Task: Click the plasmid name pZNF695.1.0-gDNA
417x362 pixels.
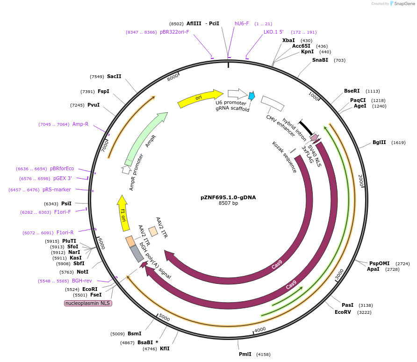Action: (228, 197)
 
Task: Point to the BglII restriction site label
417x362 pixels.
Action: (379, 143)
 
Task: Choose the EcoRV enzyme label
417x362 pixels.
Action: (343, 312)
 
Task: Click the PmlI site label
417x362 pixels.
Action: (245, 354)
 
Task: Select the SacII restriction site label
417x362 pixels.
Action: (114, 76)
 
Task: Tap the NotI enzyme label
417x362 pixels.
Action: (82, 272)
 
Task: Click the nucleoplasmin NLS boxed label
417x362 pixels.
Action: (88, 303)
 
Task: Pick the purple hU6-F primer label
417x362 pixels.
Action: (242, 23)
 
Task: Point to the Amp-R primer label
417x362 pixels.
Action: (80, 124)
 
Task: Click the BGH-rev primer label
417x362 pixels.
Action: (82, 281)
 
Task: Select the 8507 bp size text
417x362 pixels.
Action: (228, 203)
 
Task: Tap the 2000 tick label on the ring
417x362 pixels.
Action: (361, 181)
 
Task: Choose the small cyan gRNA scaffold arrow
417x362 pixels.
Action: (252, 96)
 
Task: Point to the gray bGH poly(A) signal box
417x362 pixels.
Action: (137, 253)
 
